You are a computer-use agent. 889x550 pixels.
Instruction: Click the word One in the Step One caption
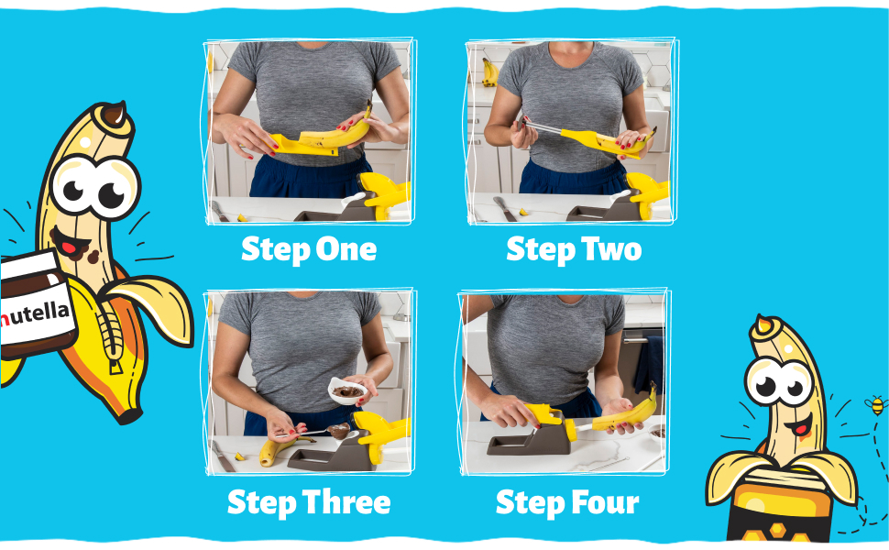pyautogui.click(x=346, y=249)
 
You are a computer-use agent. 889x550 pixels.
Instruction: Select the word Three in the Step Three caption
pyautogui.click(x=346, y=502)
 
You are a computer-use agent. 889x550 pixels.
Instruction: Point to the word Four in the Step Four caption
pyautogui.click(x=605, y=502)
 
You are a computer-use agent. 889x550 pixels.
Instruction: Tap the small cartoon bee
pyautogui.click(x=876, y=405)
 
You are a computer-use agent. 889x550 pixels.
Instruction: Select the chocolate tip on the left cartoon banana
pyautogui.click(x=114, y=114)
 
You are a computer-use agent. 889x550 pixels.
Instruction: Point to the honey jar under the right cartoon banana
pyautogui.click(x=781, y=507)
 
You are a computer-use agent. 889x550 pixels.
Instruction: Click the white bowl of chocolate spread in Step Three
pyautogui.click(x=347, y=390)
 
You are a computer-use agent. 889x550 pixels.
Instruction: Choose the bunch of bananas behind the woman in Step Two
pyautogui.click(x=489, y=72)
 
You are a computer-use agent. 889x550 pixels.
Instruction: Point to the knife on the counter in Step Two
pyautogui.click(x=505, y=208)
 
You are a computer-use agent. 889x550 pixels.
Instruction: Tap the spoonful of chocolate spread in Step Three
pyautogui.click(x=339, y=431)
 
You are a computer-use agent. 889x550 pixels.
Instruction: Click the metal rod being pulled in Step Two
pyautogui.click(x=543, y=127)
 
